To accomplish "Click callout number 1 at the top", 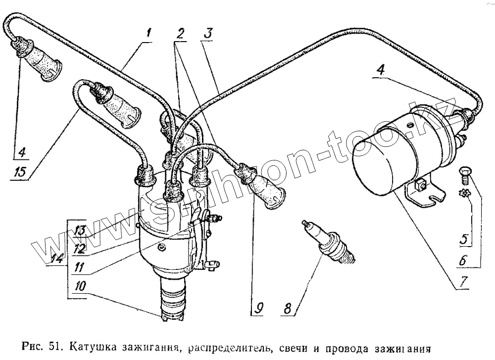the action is click(x=148, y=35).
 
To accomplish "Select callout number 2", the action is click(x=180, y=34).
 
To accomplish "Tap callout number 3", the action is click(x=209, y=34).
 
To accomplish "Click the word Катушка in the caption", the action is click(x=91, y=347).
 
